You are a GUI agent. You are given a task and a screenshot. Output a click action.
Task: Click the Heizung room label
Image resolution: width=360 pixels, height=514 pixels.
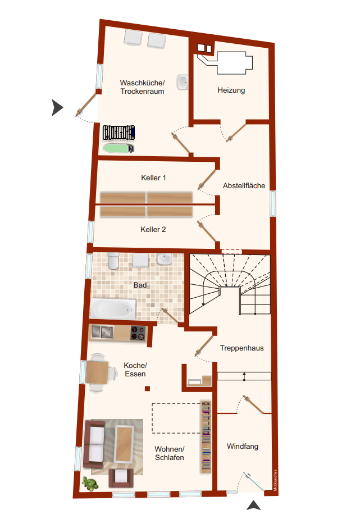click(231, 90)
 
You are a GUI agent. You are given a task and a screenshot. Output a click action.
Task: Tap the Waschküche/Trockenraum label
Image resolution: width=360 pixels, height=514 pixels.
click(142, 87)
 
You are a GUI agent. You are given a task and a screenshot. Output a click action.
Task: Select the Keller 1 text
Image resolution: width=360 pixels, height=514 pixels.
click(153, 178)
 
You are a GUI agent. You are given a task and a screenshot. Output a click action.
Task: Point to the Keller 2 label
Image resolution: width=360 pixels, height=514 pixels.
click(153, 229)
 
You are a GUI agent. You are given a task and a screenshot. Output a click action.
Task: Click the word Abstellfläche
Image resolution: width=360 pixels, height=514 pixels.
click(244, 185)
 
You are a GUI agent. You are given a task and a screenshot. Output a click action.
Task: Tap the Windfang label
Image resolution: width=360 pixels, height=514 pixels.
click(242, 447)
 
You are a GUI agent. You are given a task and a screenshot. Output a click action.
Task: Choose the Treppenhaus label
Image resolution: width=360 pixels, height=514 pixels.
click(241, 348)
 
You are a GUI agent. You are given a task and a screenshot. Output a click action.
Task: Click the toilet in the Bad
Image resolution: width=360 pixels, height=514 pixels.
click(113, 261)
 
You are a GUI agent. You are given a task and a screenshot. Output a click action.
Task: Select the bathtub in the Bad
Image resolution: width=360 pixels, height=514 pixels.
click(113, 308)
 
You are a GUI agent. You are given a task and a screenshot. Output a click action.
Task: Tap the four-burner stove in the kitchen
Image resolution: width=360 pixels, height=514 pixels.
click(138, 333)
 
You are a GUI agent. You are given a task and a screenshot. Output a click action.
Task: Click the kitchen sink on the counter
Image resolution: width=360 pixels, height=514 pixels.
click(103, 332)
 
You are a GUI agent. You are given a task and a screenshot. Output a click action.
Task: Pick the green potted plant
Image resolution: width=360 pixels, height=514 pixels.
click(90, 484)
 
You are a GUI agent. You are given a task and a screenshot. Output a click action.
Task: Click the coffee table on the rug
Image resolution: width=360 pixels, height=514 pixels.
click(124, 444)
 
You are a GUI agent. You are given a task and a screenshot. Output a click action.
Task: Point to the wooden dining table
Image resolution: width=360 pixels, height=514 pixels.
click(97, 372)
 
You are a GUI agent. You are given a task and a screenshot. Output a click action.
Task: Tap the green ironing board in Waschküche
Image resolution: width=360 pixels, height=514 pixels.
click(118, 148)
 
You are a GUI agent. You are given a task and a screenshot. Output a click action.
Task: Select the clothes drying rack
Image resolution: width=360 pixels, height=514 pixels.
click(119, 133)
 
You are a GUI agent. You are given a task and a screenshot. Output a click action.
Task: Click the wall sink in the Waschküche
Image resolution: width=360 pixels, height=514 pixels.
click(183, 83)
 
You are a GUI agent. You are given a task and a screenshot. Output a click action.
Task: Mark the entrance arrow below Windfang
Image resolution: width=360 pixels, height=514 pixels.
click(253, 505)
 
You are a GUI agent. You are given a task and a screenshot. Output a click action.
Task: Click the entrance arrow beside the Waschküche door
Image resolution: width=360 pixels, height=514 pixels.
click(57, 107)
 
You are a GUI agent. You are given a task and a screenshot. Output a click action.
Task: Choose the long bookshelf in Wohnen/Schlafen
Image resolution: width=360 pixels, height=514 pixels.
click(206, 437)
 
